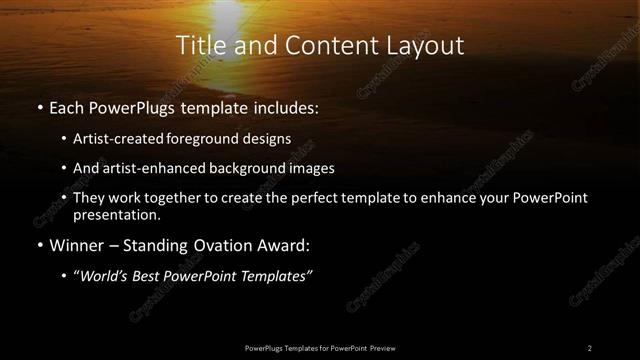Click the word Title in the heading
[x=197, y=46]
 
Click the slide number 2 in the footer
[x=589, y=347]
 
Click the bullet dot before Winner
[x=38, y=246]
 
